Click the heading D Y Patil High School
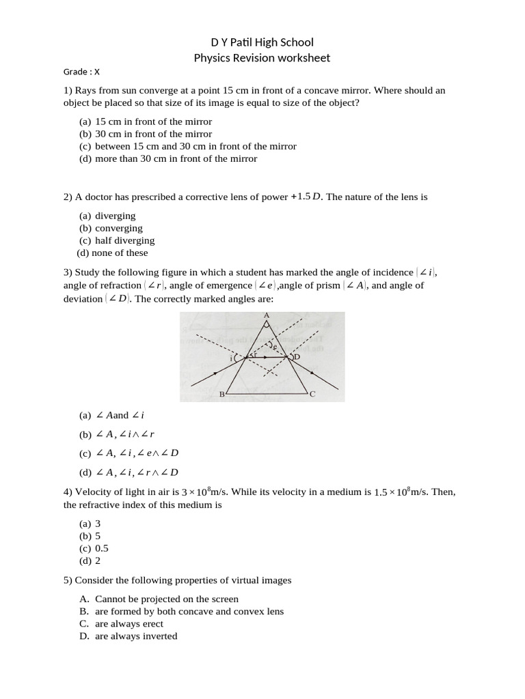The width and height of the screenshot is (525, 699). [x=262, y=42]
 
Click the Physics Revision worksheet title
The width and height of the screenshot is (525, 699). [x=262, y=58]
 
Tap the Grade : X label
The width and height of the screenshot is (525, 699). [x=81, y=72]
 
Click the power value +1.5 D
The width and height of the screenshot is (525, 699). [x=305, y=197]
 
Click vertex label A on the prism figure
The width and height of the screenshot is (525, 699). [x=266, y=315]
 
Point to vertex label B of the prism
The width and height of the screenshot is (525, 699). [x=221, y=395]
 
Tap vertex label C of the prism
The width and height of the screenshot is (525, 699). [x=312, y=395]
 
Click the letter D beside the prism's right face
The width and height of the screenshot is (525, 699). [x=297, y=357]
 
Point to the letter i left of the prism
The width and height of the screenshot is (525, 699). [x=232, y=358]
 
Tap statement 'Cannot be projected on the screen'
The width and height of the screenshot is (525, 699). [x=167, y=599]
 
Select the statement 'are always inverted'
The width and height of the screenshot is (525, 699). [x=136, y=636]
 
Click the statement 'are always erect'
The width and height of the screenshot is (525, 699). [x=129, y=623]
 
